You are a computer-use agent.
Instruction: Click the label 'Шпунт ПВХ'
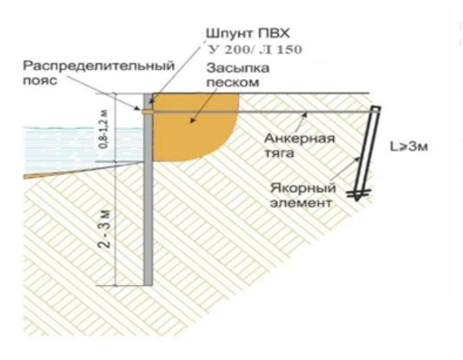pos(248,34)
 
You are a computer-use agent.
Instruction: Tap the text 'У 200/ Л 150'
pos(255,49)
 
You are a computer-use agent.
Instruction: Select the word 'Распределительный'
pos(99,66)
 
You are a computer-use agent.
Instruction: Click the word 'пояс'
pos(40,81)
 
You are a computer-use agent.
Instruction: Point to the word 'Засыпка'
pos(238,68)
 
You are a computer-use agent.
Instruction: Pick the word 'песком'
pos(233,83)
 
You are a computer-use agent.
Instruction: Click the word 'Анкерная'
pos(299,139)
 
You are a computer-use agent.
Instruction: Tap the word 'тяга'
pos(279,153)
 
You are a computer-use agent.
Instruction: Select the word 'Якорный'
pos(303,189)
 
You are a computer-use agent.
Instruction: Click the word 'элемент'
pos(301,203)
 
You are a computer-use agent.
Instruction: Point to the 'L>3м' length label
pos(409,147)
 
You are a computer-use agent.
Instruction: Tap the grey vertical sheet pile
pos(148,189)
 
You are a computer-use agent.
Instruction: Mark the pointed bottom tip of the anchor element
pos(356,201)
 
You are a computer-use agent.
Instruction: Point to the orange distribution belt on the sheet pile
pos(147,112)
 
